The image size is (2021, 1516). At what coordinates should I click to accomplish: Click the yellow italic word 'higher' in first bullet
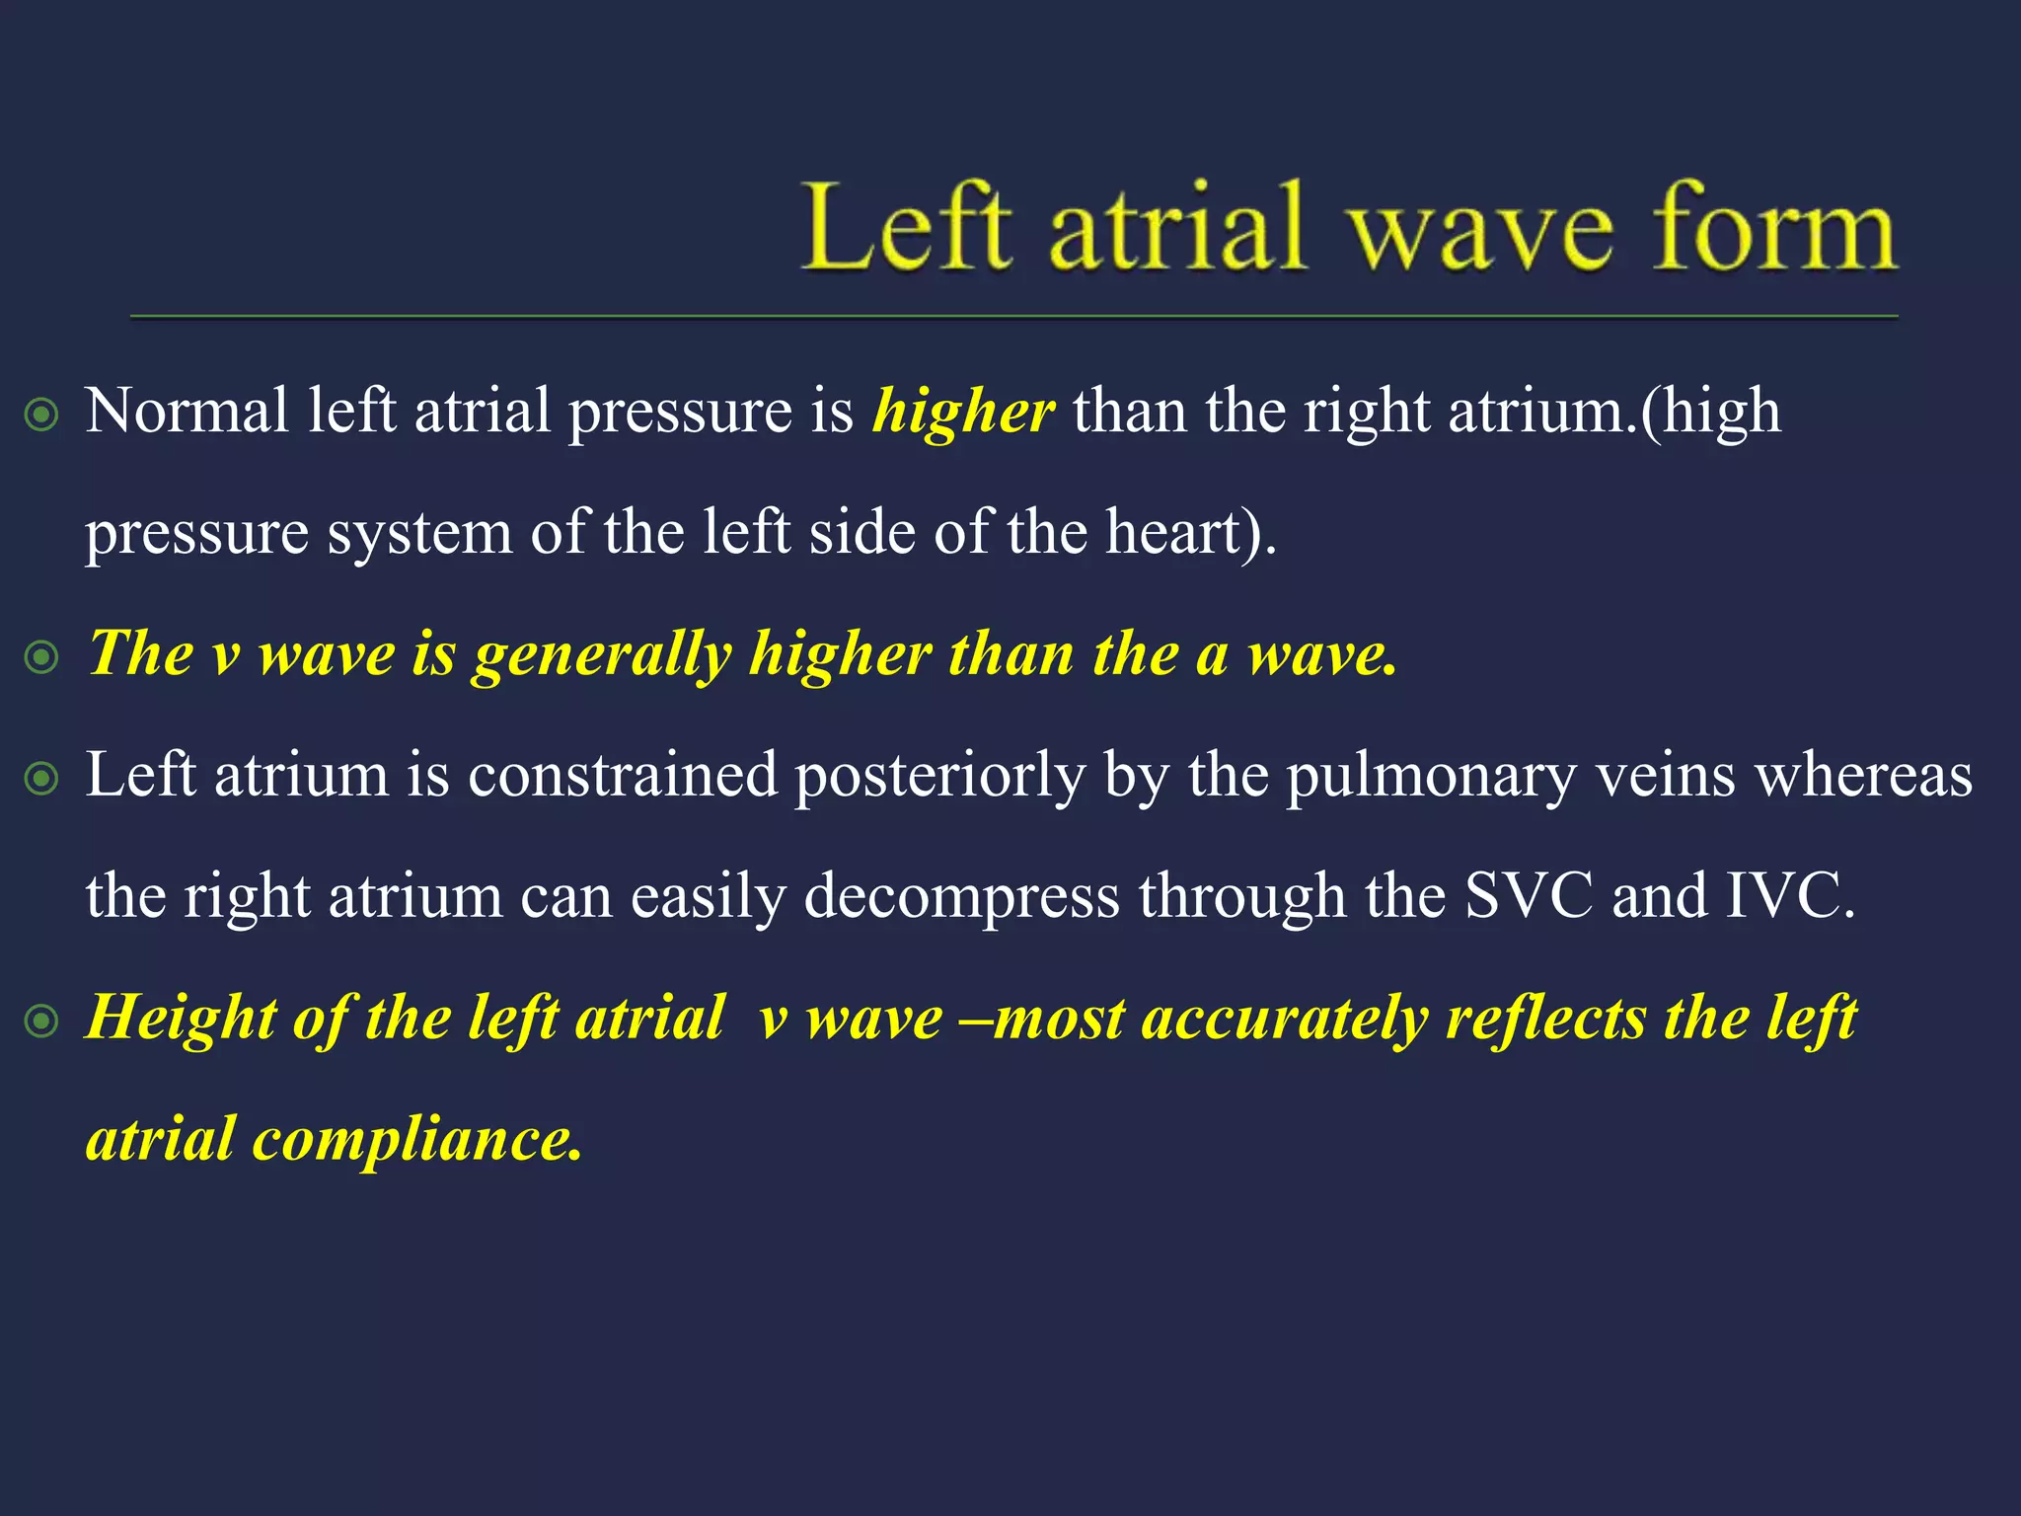click(x=963, y=411)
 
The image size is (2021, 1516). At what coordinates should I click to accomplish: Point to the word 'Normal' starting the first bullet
click(x=187, y=411)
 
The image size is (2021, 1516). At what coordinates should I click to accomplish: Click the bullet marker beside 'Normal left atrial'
click(x=42, y=415)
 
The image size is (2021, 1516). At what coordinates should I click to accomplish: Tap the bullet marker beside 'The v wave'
click(x=42, y=657)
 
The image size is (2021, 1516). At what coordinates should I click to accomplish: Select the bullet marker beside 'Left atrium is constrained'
click(x=42, y=779)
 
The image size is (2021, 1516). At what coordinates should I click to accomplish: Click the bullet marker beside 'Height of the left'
click(x=42, y=1022)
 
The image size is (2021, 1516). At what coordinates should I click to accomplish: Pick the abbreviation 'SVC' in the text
click(x=1528, y=896)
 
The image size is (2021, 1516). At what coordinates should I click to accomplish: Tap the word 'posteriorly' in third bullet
click(x=939, y=777)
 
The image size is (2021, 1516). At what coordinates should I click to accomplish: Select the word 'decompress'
click(x=961, y=898)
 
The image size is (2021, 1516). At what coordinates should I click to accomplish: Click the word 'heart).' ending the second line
click(x=1190, y=533)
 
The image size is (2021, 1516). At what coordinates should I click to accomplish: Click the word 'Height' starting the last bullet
click(x=180, y=1018)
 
